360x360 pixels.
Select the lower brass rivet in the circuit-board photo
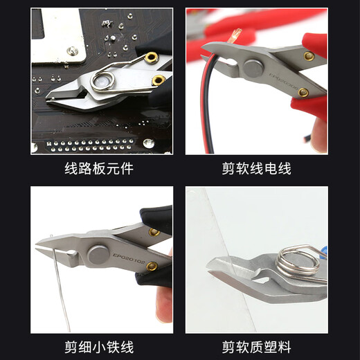coord(159,80)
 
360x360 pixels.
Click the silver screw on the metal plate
coord(72,51)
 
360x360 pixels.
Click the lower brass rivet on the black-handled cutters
coord(152,266)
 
